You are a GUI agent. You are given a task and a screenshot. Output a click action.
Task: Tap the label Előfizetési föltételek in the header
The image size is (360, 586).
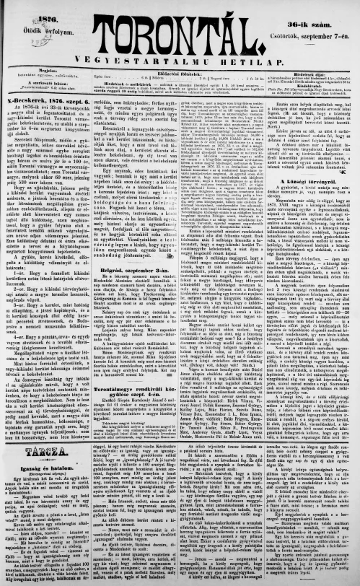pyautogui.click(x=178, y=72)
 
